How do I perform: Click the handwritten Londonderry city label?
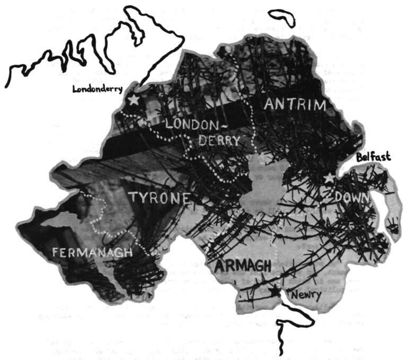click(x=98, y=89)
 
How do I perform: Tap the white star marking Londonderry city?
click(x=133, y=99)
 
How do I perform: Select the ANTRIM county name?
click(x=294, y=105)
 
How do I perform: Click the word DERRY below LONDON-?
click(x=219, y=141)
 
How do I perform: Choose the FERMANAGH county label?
click(x=92, y=253)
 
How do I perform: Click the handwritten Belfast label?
click(x=373, y=157)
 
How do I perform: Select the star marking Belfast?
click(x=329, y=178)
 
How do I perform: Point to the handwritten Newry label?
click(x=306, y=294)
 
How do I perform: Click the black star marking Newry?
click(x=275, y=291)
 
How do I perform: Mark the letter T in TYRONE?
click(x=133, y=198)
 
